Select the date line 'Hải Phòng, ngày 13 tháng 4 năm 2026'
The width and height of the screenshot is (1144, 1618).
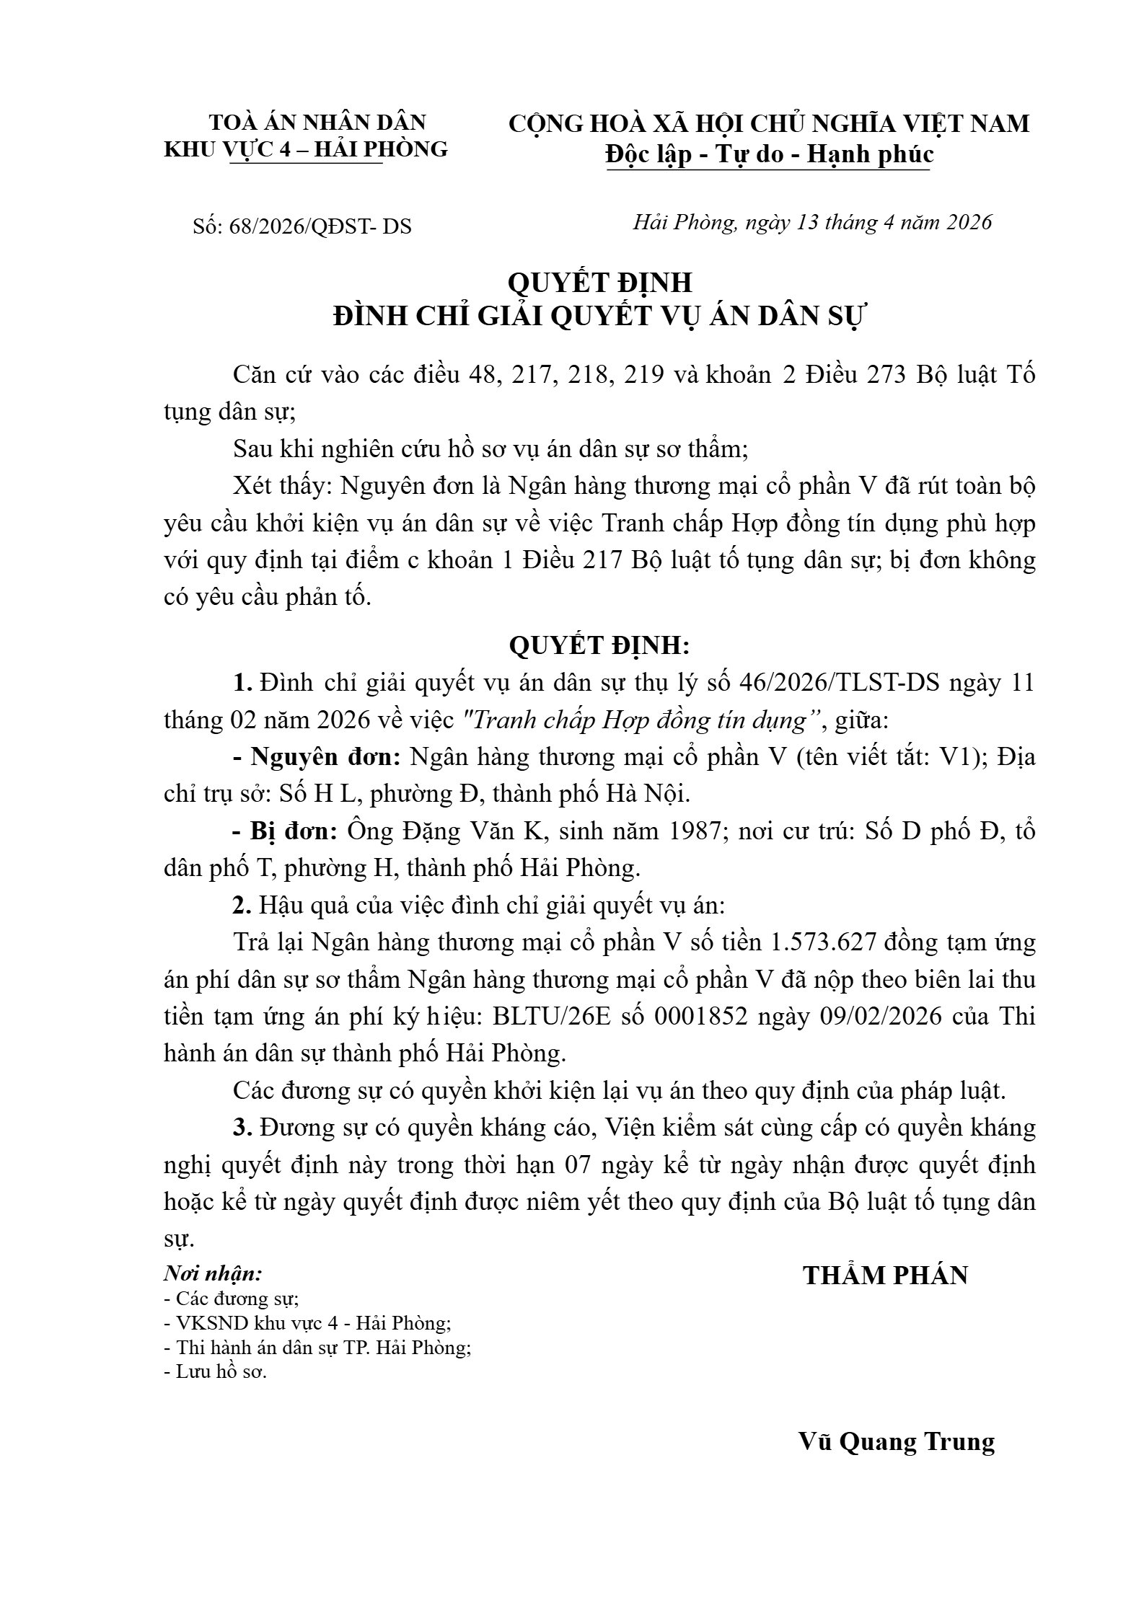coord(813,222)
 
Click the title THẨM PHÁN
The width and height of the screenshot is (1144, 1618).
coord(886,1276)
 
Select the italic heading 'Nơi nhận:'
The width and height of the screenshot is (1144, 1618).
coord(213,1273)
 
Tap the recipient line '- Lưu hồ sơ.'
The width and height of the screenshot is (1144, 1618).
coord(216,1371)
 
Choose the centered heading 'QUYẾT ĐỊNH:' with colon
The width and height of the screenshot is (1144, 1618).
coord(599,645)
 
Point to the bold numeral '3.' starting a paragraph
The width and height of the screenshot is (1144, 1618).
coord(242,1128)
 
